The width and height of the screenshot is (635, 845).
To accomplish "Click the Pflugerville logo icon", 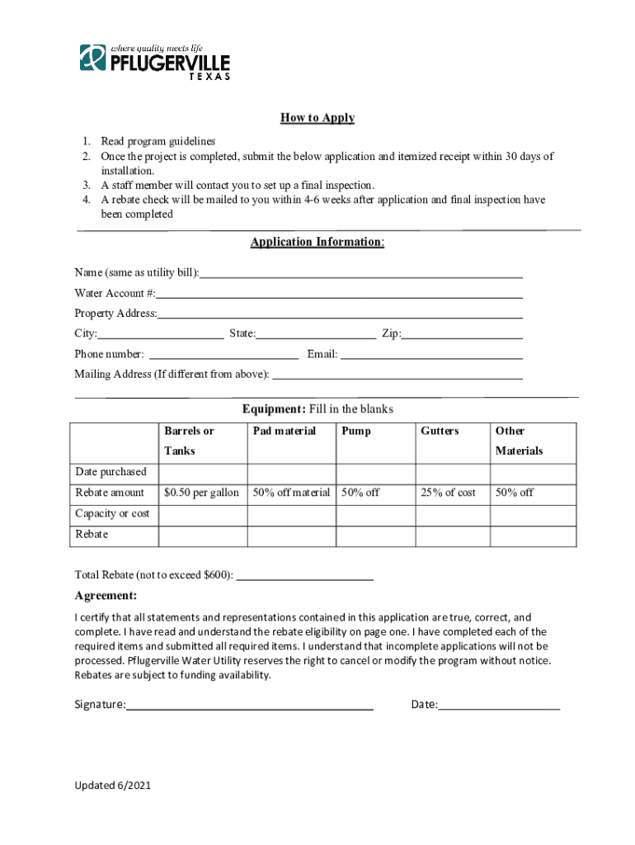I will click(92, 58).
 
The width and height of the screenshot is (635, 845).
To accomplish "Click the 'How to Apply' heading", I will click(317, 118).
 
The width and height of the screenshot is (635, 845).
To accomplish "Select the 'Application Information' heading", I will click(317, 242).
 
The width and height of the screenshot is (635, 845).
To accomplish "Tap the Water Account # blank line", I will click(339, 295).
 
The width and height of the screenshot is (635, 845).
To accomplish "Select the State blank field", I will click(316, 335).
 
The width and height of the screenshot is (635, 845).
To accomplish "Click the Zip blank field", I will click(462, 335).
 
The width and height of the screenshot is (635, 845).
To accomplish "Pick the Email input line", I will click(431, 356).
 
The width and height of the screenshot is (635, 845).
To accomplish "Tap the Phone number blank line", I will click(222, 356).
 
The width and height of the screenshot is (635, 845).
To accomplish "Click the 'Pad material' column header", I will click(285, 431).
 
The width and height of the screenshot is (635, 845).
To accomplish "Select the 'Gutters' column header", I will click(440, 431).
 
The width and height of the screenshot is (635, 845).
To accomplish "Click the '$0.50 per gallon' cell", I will click(202, 493).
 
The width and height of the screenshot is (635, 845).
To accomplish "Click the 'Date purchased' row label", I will click(111, 472).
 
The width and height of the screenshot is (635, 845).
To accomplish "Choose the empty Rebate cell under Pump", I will click(375, 535).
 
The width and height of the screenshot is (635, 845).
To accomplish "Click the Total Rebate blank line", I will click(304, 575).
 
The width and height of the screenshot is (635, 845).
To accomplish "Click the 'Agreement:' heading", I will click(106, 596).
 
